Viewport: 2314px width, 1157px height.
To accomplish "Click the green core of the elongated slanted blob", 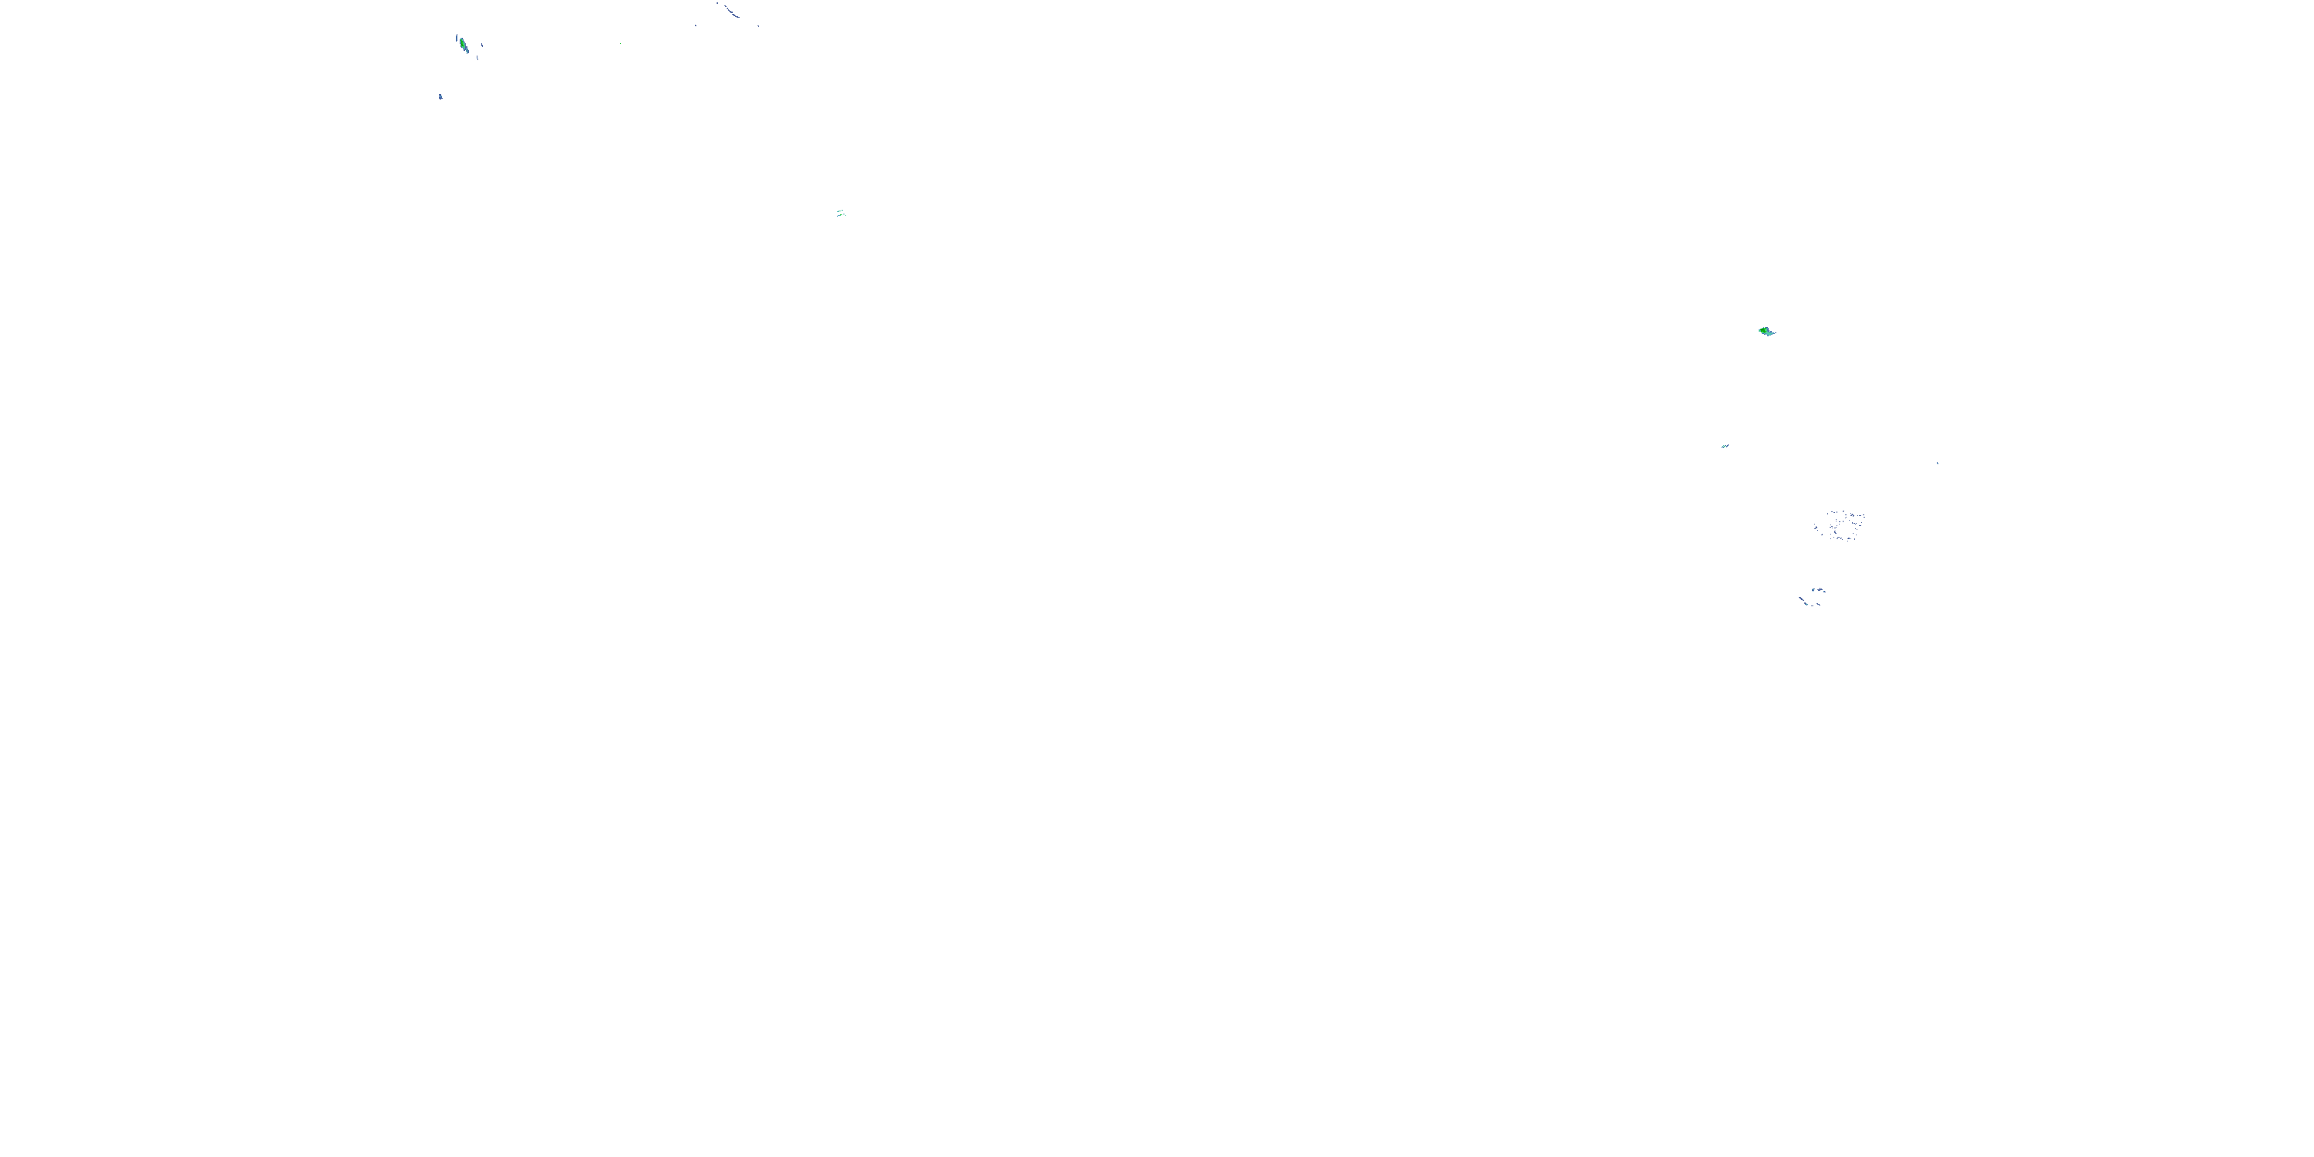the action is [x=463, y=44].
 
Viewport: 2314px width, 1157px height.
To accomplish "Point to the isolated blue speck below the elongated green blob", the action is [x=440, y=97].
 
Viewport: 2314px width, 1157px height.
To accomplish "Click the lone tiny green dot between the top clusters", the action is [x=621, y=44].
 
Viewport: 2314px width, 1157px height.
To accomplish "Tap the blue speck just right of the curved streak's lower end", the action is [x=758, y=26].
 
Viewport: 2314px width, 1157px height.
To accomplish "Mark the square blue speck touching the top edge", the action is [x=718, y=2].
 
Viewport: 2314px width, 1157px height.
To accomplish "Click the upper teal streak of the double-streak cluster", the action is [x=839, y=211].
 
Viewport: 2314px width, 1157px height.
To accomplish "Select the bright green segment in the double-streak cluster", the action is [x=842, y=214].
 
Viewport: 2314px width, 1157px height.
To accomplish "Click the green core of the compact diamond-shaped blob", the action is [x=1763, y=331].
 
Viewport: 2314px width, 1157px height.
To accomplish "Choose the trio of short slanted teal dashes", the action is [x=1725, y=446].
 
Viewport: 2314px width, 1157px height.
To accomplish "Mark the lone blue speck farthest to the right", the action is [x=1937, y=463].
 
